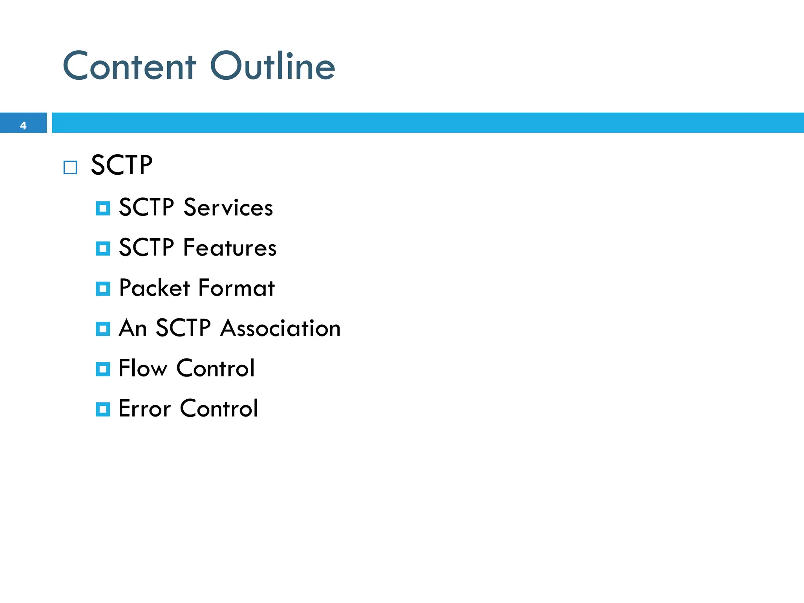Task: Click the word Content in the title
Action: (129, 67)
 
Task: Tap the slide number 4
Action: (23, 126)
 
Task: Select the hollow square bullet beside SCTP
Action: (70, 168)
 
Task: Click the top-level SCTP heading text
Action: (122, 165)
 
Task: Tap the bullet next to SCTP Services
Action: (103, 208)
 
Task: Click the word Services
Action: (228, 208)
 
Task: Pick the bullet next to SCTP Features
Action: (103, 249)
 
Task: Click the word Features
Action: (230, 248)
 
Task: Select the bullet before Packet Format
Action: (103, 289)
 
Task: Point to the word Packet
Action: (154, 288)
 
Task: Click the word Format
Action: (236, 288)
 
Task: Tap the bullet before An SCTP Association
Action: (103, 329)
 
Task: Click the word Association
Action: (280, 328)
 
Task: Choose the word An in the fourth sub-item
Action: (133, 328)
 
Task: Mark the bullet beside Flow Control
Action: (103, 369)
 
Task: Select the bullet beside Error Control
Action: (103, 409)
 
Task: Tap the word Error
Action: (144, 409)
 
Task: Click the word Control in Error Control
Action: (219, 409)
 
